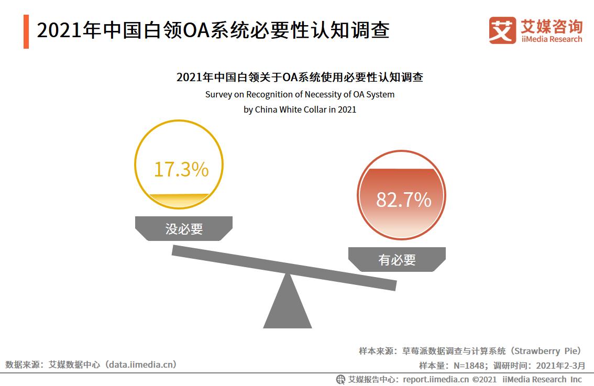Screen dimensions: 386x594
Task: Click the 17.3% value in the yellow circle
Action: pos(181,170)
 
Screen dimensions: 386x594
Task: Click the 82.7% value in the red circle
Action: pos(403,200)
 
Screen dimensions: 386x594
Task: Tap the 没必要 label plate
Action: pos(184,229)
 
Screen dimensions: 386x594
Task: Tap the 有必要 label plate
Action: pos(397,259)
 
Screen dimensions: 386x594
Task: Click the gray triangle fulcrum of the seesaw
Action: pos(288,307)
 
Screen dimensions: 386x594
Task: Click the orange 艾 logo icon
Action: pos(502,30)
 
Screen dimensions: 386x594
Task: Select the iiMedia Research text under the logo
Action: pos(551,39)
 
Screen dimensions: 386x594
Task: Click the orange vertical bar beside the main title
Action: pos(26,32)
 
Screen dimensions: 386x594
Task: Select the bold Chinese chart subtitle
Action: pos(300,78)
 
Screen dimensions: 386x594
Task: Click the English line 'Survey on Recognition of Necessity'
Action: pos(300,95)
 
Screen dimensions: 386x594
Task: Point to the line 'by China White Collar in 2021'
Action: pos(300,110)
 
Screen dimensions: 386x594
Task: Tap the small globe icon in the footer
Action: pos(340,379)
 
